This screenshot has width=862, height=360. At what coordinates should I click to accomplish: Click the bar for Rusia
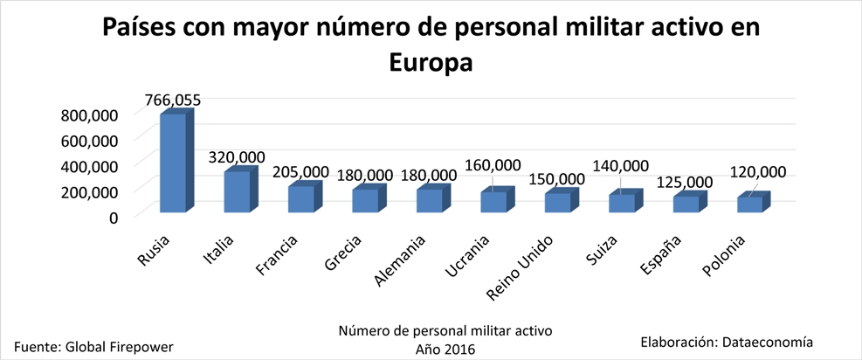click(x=172, y=163)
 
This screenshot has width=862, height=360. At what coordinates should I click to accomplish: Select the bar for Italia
click(x=237, y=191)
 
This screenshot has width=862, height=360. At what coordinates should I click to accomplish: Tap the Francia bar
click(x=301, y=199)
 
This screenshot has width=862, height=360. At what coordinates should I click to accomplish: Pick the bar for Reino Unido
click(x=557, y=203)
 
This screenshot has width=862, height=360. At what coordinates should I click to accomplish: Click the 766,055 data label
click(x=171, y=100)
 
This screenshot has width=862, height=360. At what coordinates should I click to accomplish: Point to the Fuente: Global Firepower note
click(x=93, y=346)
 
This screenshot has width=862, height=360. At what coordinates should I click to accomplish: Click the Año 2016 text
click(x=445, y=347)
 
